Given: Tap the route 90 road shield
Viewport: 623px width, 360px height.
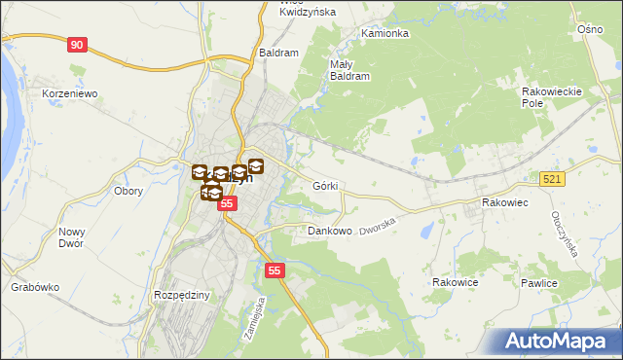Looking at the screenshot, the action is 78,45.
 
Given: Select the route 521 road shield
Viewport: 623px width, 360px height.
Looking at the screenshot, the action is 553,179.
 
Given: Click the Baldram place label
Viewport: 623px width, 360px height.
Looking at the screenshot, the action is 278,53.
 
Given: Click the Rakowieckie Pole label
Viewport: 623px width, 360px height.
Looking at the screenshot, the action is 552,96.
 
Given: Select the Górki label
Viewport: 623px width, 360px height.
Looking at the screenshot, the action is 325,185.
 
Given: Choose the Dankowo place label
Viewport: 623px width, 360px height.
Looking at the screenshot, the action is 329,232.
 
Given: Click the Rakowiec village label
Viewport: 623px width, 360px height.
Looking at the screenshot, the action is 504,202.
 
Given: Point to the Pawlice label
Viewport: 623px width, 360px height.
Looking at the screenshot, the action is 537,283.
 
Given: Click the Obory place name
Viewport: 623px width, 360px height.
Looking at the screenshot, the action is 128,191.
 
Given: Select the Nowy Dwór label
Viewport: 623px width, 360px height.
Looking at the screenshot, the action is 73,237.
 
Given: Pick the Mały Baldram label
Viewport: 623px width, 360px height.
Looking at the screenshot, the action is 349,68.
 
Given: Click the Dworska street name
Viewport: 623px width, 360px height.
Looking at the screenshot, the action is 380,228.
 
